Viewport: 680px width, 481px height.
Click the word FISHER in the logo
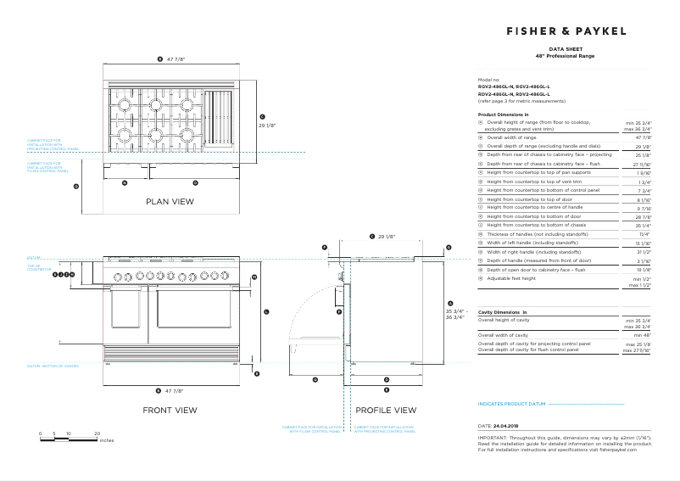pyautogui.click(x=532, y=31)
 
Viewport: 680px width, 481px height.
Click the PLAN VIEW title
pyautogui.click(x=170, y=202)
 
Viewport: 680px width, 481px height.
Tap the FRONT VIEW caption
pyautogui.click(x=170, y=410)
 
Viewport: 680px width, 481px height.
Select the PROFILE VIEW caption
pyautogui.click(x=386, y=410)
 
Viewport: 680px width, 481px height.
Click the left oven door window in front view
pyautogui.click(x=126, y=313)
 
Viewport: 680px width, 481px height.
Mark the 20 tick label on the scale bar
pyautogui.click(x=98, y=433)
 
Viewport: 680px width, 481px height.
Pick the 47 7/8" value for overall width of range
pyautogui.click(x=643, y=137)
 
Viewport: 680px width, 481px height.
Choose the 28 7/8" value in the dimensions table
pyautogui.click(x=643, y=216)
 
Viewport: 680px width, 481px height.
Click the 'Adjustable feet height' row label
pyautogui.click(x=511, y=278)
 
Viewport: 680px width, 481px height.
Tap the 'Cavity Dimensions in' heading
pyautogui.click(x=503, y=313)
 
